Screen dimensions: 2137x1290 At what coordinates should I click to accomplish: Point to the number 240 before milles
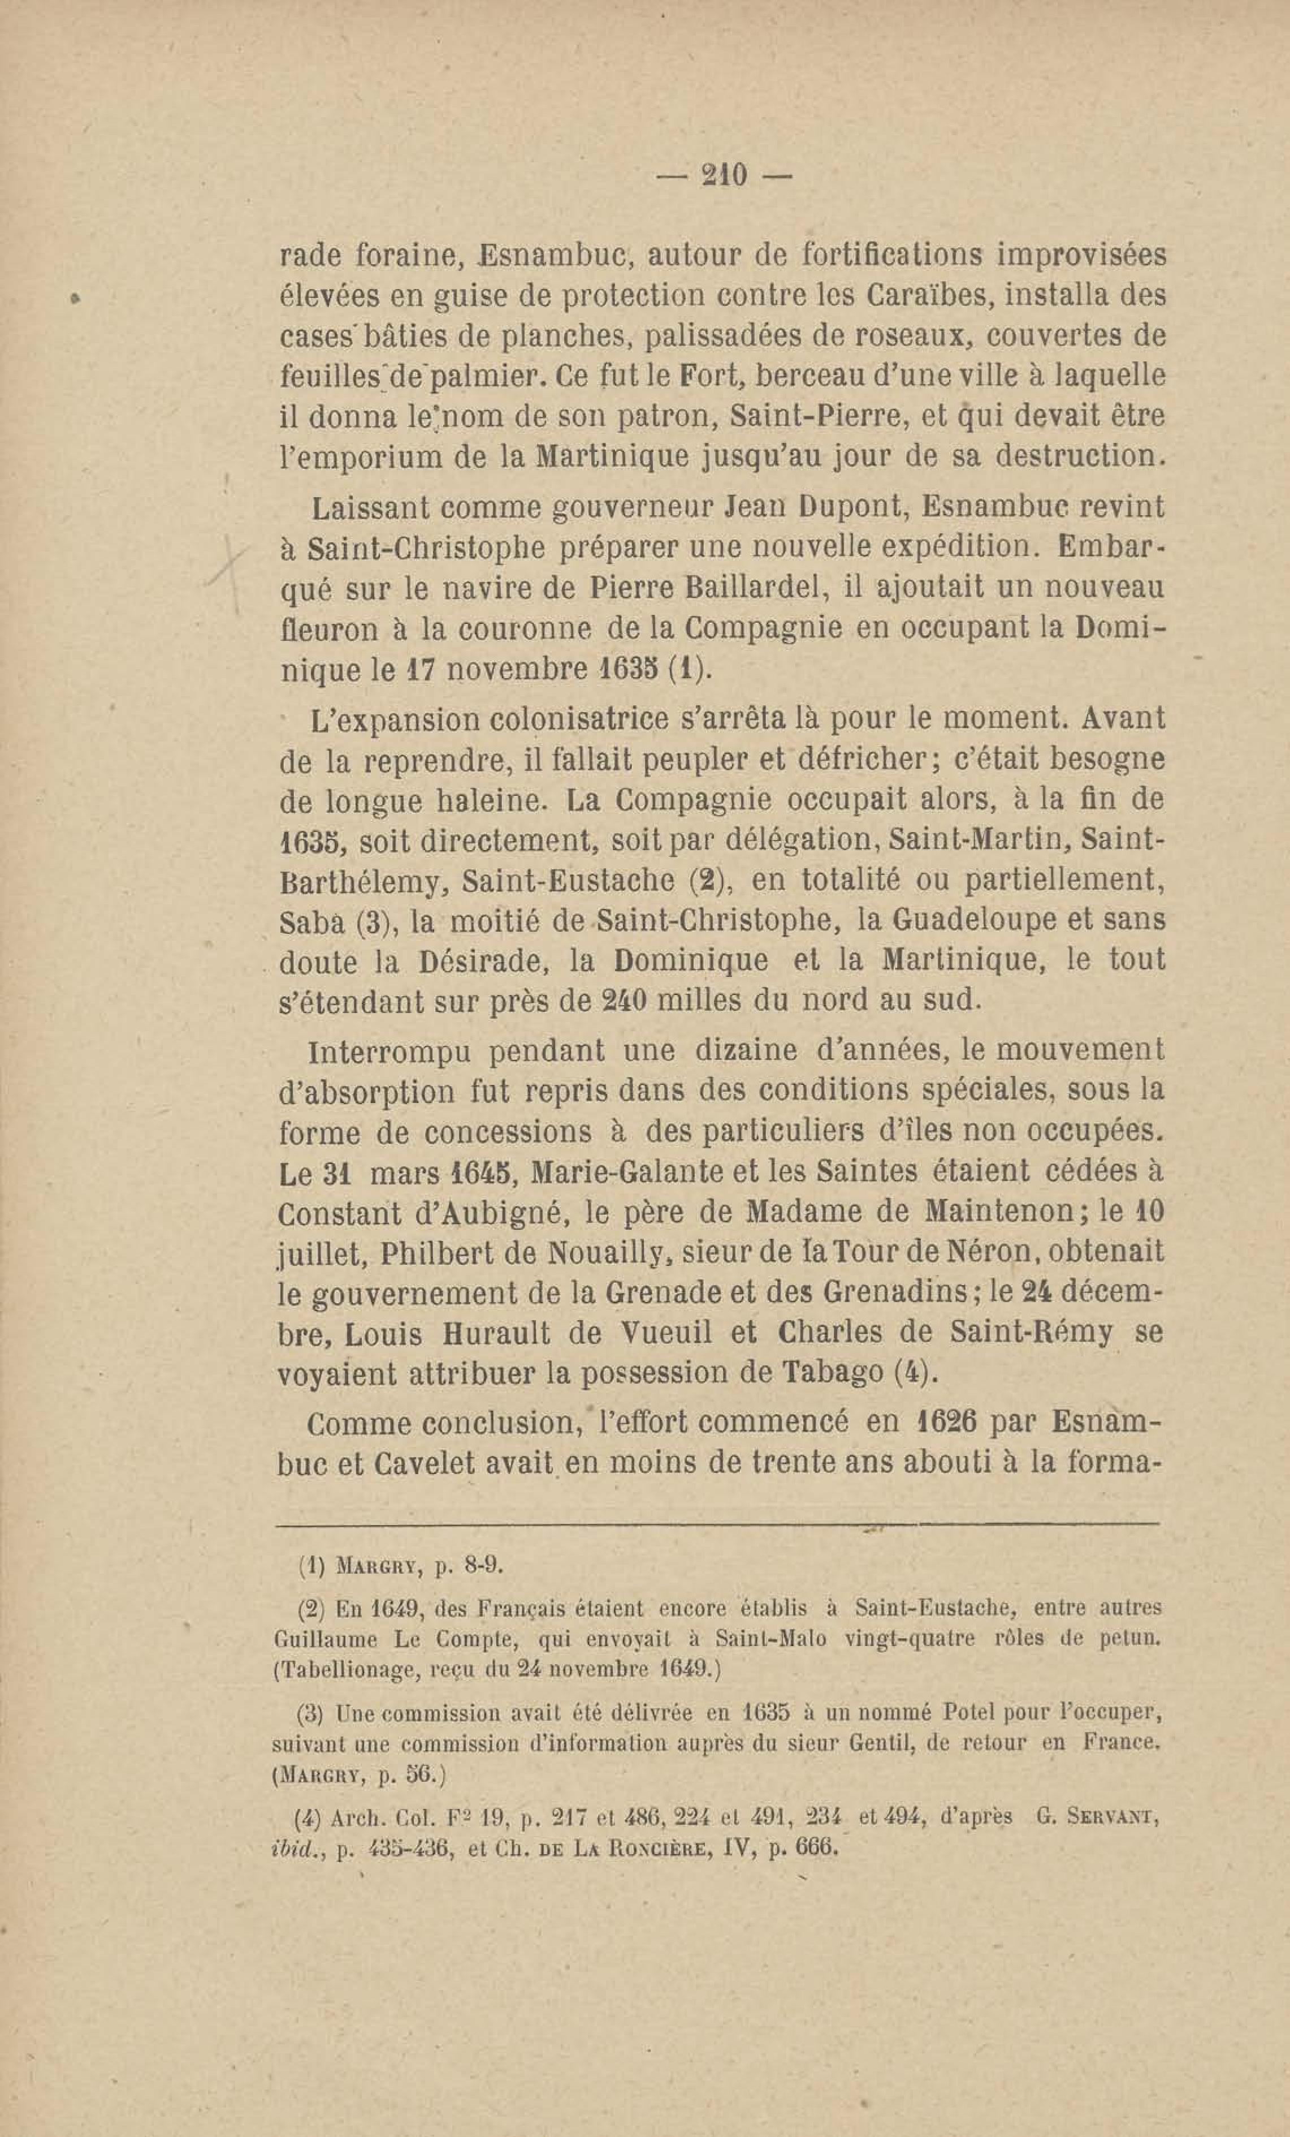(x=624, y=1001)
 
